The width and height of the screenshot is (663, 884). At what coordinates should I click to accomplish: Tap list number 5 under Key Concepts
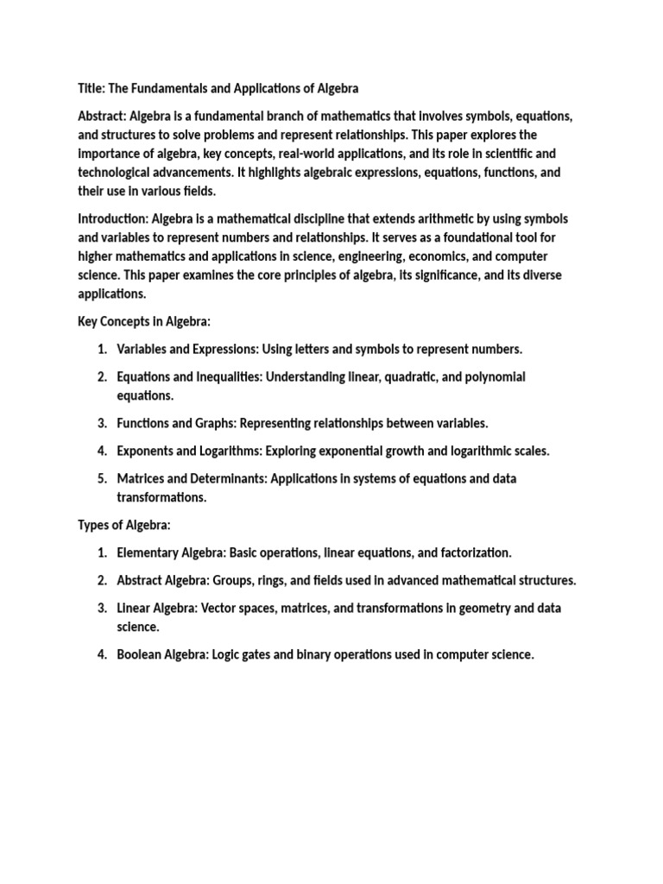(x=101, y=478)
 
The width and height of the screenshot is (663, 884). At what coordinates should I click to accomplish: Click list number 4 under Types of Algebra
(x=101, y=654)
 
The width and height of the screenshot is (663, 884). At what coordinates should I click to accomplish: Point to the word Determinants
(x=224, y=478)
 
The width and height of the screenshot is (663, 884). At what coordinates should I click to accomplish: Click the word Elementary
(x=148, y=552)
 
